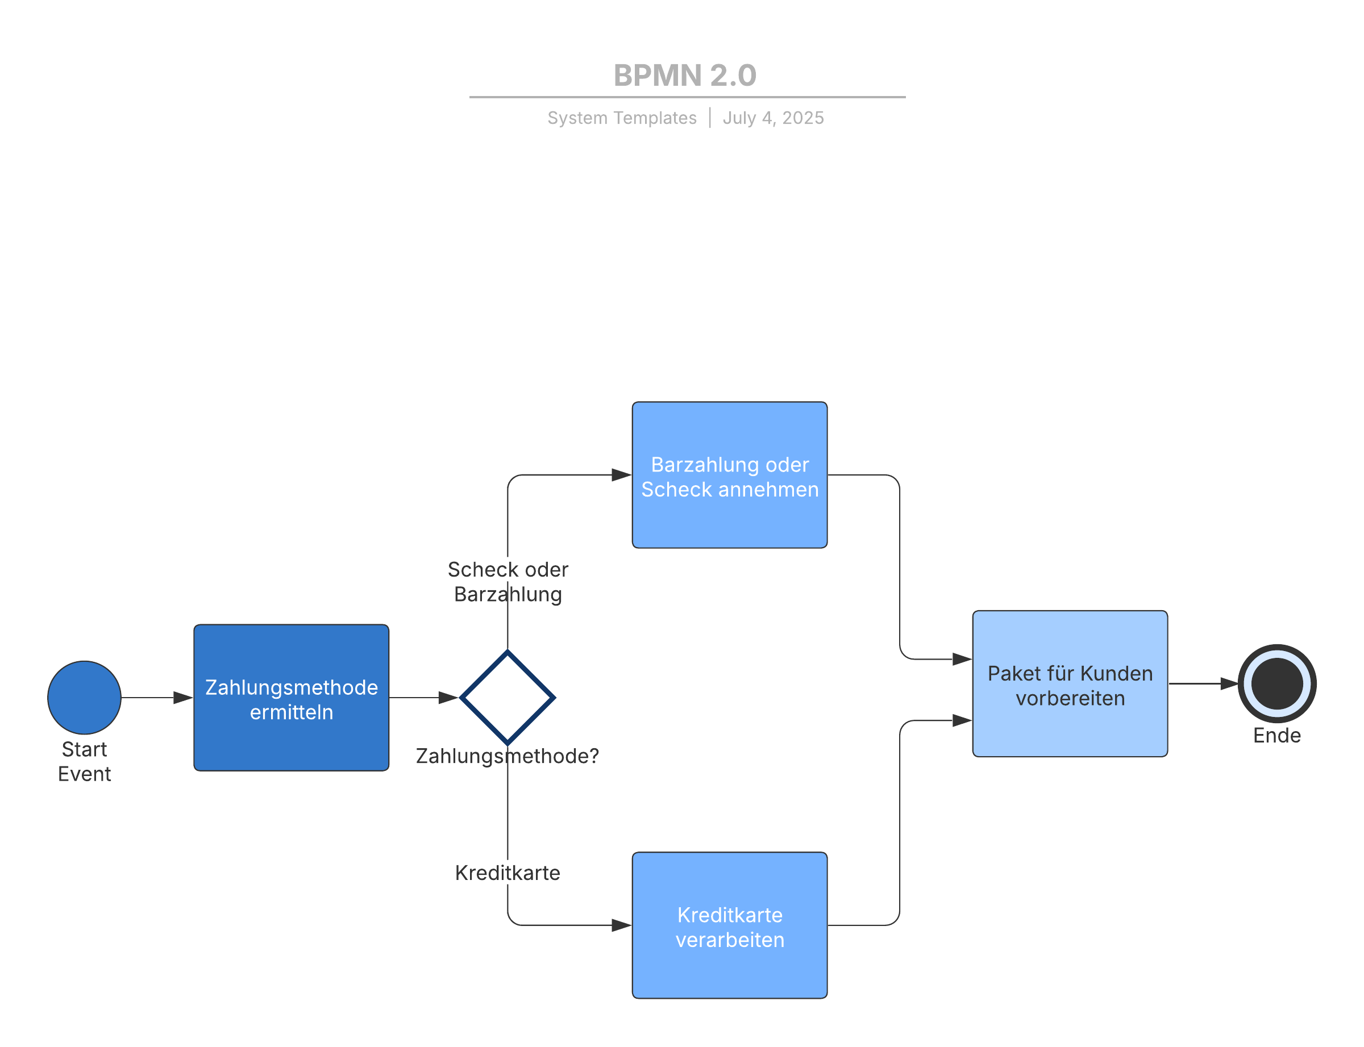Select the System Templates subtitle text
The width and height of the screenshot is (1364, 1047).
point(622,118)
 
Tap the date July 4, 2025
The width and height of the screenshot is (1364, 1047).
point(772,118)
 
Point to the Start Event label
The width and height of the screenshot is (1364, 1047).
point(84,760)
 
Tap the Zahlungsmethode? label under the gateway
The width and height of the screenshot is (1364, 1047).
point(507,756)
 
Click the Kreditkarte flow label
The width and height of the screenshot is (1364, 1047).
point(507,872)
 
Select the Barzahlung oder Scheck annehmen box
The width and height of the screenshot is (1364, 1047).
point(729,475)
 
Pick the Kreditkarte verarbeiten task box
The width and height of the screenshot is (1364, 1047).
point(729,925)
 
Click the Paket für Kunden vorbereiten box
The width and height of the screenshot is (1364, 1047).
point(1069,683)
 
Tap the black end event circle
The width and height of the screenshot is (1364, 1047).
point(1276,683)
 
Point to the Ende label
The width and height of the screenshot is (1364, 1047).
point(1276,735)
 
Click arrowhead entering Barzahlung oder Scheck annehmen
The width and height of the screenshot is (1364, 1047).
point(622,474)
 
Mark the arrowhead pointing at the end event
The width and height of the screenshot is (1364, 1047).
point(1229,683)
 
